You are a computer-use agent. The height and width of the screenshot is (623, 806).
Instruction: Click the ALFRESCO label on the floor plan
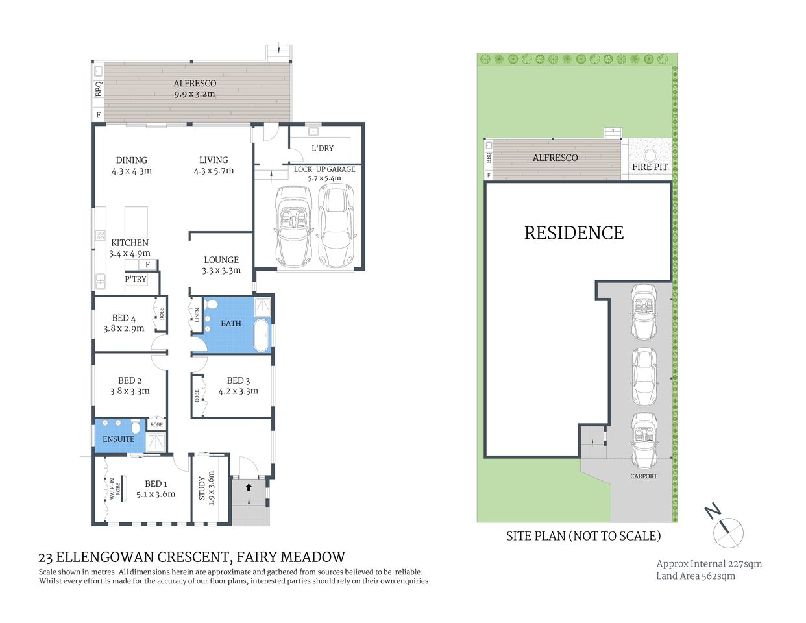[195, 84]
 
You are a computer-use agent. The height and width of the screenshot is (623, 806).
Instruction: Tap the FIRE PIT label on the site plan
[650, 167]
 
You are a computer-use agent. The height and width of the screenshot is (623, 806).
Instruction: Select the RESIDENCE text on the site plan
[574, 233]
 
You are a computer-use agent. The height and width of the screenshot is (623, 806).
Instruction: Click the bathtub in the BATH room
[262, 335]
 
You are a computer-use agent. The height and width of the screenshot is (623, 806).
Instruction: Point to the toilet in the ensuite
[136, 428]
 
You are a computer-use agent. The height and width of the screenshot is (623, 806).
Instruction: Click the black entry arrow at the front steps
[249, 487]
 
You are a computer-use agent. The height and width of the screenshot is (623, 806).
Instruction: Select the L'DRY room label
[323, 148]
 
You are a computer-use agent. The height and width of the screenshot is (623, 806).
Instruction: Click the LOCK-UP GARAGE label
[324, 169]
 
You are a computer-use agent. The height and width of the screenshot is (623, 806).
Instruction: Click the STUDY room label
[202, 489]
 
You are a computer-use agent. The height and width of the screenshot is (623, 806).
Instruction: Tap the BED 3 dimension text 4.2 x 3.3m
[238, 391]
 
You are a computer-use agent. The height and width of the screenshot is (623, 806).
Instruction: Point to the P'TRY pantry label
[136, 279]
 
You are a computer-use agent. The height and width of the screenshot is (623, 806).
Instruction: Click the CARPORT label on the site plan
[643, 476]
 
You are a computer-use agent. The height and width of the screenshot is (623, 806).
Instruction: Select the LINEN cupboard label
[197, 315]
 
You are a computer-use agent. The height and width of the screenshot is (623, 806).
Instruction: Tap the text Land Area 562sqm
[695, 576]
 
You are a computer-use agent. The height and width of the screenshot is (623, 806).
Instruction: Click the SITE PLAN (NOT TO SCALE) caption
[583, 536]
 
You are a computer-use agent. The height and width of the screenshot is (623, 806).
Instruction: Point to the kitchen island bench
[136, 221]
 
